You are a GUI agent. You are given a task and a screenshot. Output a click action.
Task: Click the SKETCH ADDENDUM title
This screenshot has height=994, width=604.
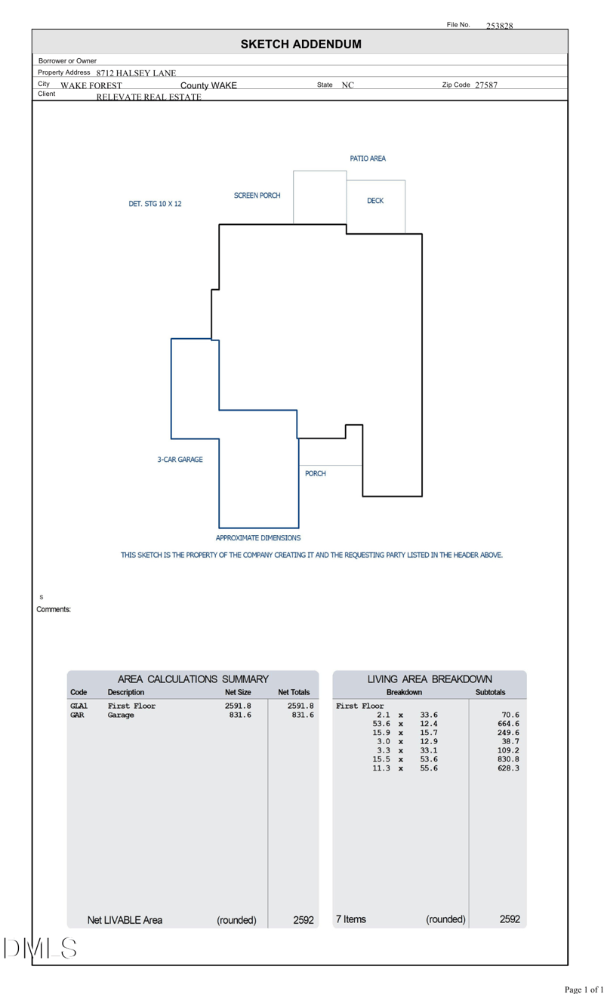click(x=300, y=45)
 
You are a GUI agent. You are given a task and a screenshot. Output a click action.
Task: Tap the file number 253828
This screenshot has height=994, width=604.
click(x=499, y=26)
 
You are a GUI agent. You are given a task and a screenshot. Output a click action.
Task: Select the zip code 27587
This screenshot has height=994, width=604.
click(x=485, y=85)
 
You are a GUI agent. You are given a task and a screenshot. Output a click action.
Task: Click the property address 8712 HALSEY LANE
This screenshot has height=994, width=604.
click(x=136, y=73)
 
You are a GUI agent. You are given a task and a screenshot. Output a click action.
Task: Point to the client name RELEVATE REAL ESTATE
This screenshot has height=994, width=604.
click(x=149, y=97)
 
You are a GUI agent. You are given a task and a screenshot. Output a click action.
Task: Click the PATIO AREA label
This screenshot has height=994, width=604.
click(x=368, y=158)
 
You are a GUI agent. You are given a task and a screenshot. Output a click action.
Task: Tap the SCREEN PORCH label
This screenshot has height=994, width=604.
click(x=257, y=195)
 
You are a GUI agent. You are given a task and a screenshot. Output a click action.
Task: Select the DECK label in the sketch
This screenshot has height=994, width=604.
click(x=375, y=201)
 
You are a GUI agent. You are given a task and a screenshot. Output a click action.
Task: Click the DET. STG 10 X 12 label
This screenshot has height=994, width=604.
click(x=155, y=204)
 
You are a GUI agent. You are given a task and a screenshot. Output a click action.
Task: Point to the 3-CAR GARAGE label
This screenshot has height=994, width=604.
click(x=180, y=459)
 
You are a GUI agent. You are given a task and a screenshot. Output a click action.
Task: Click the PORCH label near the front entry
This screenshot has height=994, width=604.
click(x=316, y=473)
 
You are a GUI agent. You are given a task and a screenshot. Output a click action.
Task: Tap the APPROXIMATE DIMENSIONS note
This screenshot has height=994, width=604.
click(x=258, y=538)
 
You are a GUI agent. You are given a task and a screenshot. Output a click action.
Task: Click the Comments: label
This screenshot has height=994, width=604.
click(x=54, y=609)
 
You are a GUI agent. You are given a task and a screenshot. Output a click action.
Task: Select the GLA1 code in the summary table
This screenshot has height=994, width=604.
click(x=79, y=706)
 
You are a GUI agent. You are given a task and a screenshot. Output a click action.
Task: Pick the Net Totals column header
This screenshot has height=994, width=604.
click(x=294, y=692)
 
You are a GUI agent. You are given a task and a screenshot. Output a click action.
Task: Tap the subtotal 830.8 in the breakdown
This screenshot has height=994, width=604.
click(x=508, y=759)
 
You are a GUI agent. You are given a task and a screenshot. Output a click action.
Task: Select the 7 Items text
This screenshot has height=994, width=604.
click(x=350, y=919)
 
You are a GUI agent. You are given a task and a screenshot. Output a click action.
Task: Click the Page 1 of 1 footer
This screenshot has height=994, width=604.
click(x=584, y=989)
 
